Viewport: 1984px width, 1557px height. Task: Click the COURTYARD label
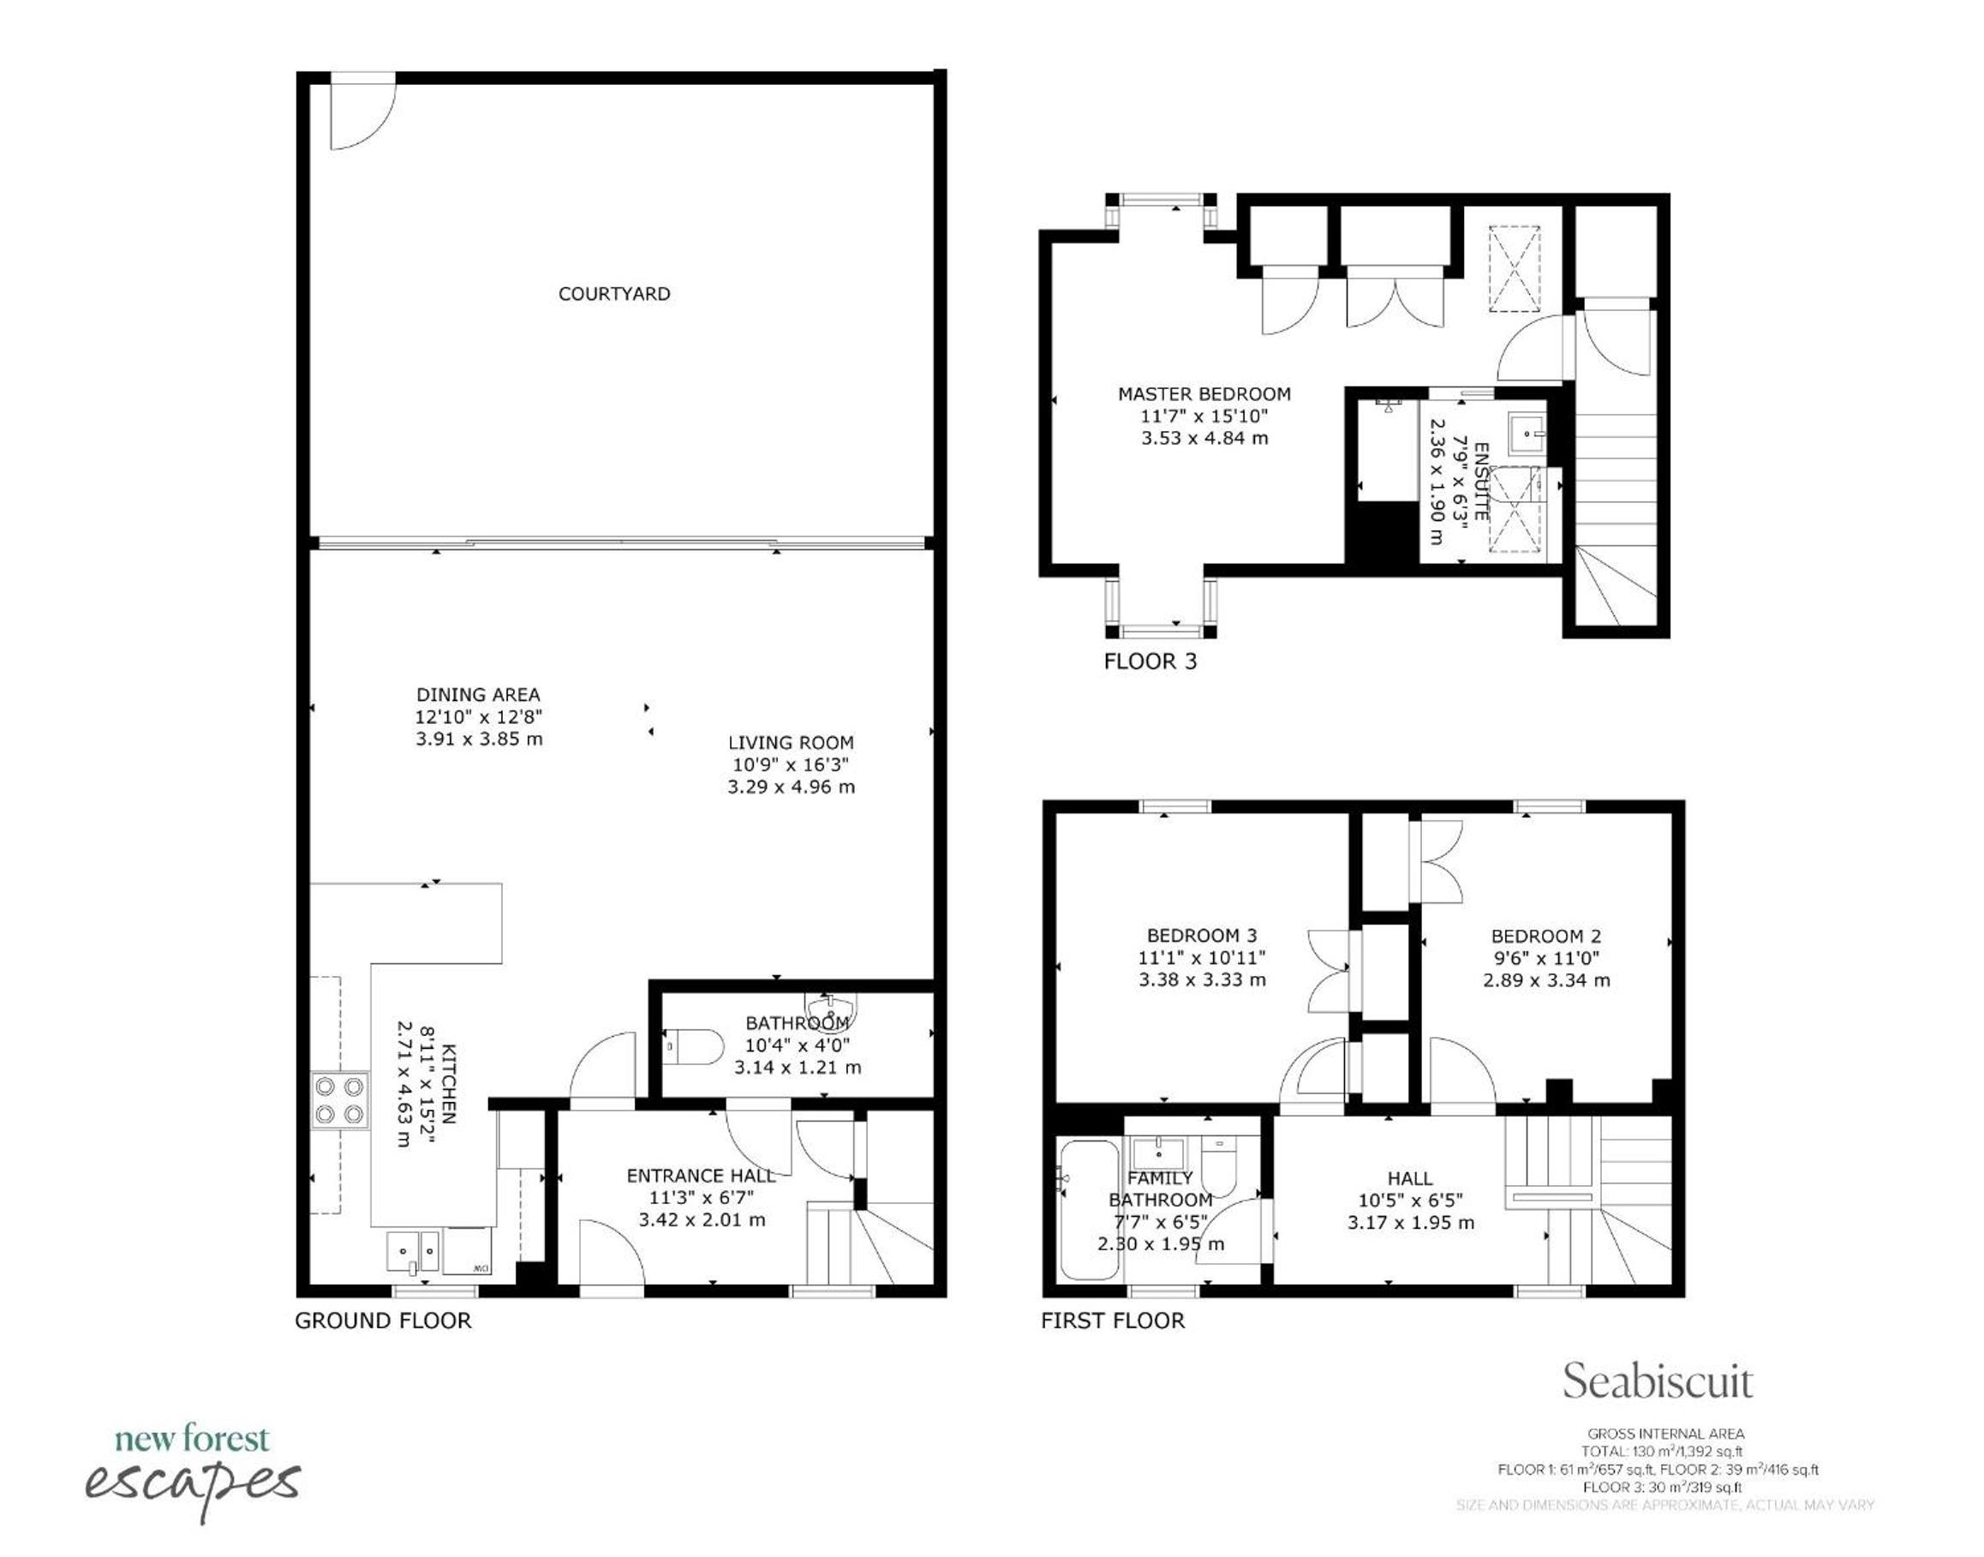tap(614, 294)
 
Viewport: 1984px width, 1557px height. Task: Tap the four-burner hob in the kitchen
tap(341, 1100)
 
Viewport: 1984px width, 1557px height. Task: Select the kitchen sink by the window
tap(413, 1252)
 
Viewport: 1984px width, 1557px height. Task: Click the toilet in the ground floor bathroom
tap(693, 1046)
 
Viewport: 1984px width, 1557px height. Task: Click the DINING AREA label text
tap(479, 695)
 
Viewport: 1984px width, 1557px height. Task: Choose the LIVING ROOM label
tap(790, 743)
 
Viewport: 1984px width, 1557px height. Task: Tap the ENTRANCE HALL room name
tap(701, 1176)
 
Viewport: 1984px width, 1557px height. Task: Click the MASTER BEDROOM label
tap(1204, 395)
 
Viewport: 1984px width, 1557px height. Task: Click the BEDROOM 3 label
tap(1201, 935)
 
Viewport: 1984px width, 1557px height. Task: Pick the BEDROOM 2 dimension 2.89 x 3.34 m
tap(1545, 980)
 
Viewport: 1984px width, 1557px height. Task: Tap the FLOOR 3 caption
tap(1150, 662)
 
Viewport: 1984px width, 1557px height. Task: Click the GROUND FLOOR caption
tap(383, 1320)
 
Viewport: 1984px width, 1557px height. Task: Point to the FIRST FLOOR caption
tap(1113, 1320)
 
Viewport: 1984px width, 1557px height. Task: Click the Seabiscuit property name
tap(1658, 1381)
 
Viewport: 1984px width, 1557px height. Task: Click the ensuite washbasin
tap(1527, 434)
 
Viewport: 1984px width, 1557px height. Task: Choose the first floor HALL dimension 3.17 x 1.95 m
tap(1411, 1224)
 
